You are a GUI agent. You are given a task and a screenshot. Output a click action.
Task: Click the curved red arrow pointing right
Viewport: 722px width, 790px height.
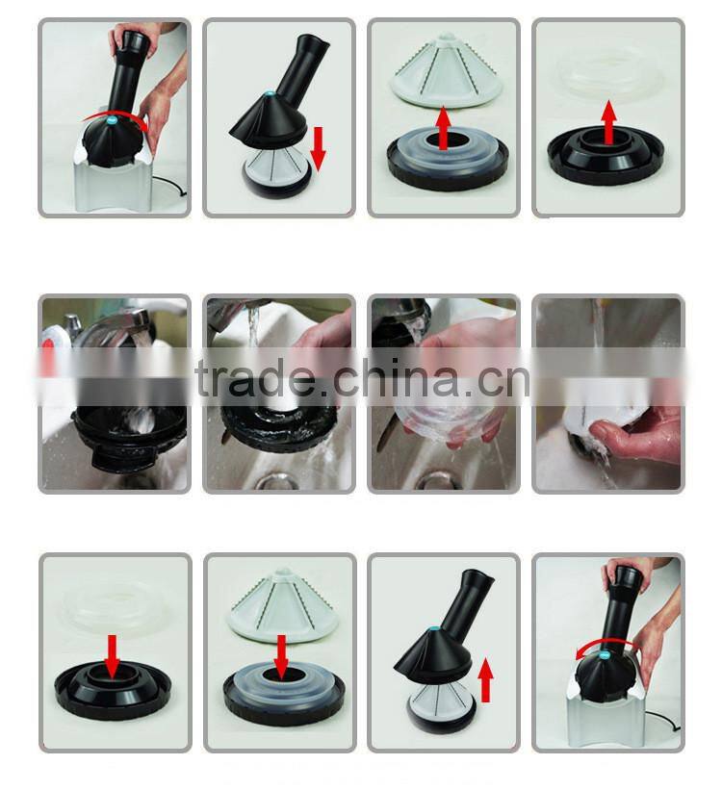tap(114, 114)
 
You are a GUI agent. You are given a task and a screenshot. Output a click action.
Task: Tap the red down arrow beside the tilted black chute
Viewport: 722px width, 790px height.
tap(318, 149)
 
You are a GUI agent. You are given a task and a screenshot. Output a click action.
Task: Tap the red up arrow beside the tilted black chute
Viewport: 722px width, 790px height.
tap(485, 679)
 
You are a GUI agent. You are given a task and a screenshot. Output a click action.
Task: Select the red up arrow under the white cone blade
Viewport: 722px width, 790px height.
tap(443, 128)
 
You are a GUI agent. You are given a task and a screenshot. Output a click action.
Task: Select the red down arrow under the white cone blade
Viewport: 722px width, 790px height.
tap(281, 657)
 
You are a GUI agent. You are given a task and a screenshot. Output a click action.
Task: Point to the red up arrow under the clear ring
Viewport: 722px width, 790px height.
tap(609, 122)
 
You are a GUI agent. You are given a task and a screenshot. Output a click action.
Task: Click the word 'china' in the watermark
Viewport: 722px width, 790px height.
tap(397, 377)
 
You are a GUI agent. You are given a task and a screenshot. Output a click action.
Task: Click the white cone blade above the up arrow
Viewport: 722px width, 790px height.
tap(446, 69)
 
